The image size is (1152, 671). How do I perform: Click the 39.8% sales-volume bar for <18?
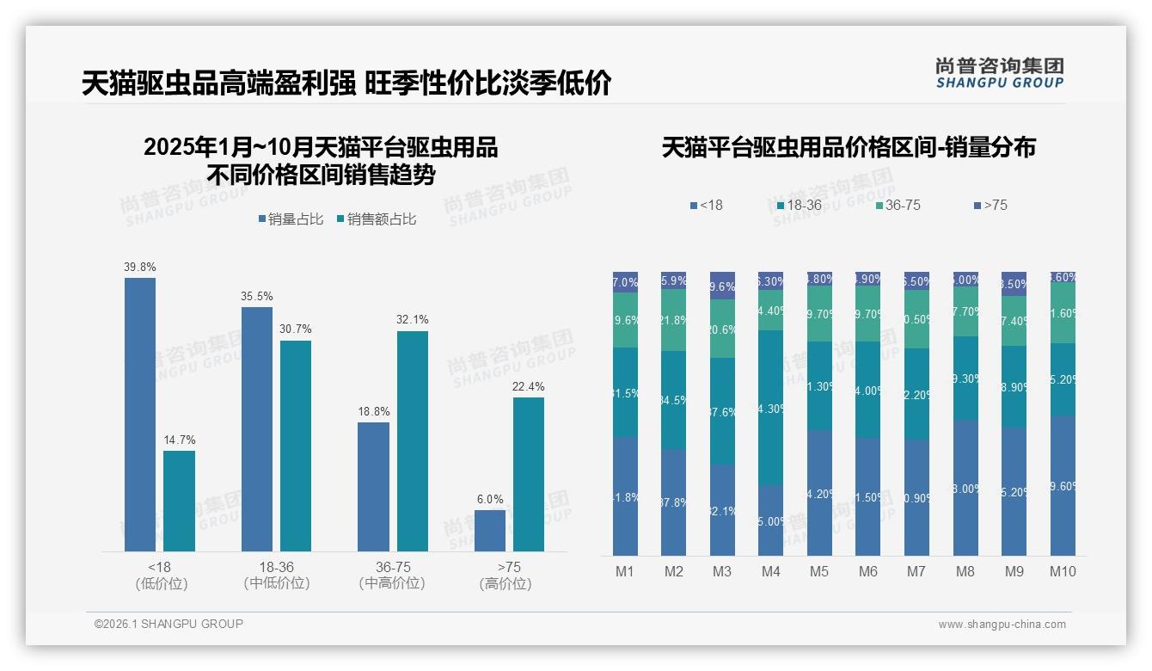(140, 414)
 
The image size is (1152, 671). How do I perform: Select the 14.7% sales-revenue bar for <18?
(179, 501)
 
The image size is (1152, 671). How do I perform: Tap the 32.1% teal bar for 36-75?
(413, 440)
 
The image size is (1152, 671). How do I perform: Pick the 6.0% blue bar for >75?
(490, 530)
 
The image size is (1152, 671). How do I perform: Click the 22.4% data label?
(528, 387)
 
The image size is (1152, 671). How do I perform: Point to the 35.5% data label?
(257, 297)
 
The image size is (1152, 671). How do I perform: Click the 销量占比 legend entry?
(291, 219)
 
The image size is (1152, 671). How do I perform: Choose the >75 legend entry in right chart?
(990, 206)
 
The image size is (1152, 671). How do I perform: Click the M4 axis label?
(770, 571)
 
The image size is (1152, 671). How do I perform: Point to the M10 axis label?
(1063, 571)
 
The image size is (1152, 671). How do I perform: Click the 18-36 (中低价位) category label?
(276, 576)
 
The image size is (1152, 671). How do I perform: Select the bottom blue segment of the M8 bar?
(965, 487)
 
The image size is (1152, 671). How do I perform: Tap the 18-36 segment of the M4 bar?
(770, 407)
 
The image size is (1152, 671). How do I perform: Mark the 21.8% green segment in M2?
(673, 319)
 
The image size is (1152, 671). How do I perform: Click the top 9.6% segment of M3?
(722, 286)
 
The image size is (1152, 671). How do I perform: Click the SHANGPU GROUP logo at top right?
(1000, 73)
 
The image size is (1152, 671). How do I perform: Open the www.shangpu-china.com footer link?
(1002, 625)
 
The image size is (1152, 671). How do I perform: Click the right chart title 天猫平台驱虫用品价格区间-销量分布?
(849, 148)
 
